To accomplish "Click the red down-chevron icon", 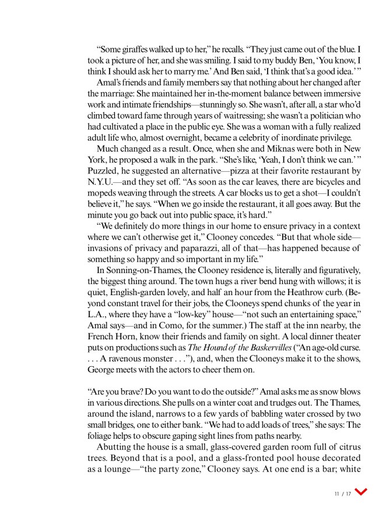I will [362, 492].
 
